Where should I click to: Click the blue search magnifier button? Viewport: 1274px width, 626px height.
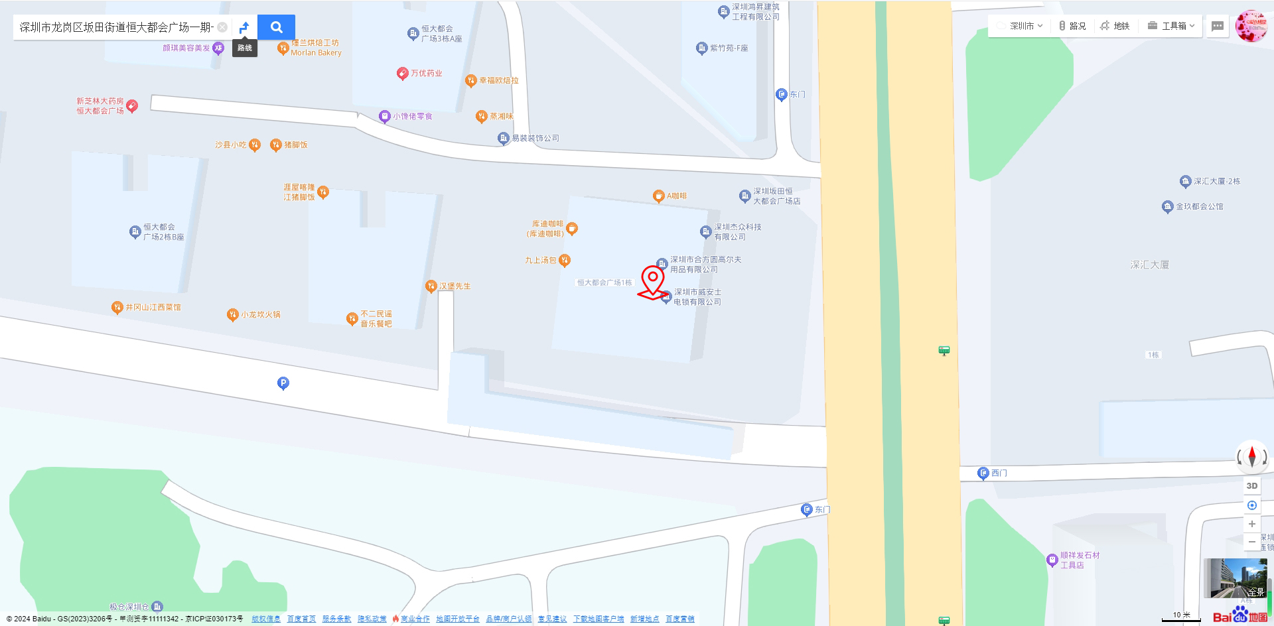click(x=276, y=27)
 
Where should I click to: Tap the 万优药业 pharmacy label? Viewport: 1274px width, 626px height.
click(x=426, y=73)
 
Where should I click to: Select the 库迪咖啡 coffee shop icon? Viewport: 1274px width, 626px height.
click(x=572, y=229)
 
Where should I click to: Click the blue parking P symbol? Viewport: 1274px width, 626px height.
click(x=283, y=383)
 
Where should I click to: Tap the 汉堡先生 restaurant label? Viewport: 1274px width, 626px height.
click(x=455, y=286)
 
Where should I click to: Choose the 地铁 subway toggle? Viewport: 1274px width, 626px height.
click(x=1115, y=26)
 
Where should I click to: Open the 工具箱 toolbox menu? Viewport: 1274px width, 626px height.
click(x=1172, y=26)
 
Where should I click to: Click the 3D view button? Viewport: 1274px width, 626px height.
click(x=1252, y=485)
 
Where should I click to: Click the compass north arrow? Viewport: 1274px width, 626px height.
click(x=1252, y=457)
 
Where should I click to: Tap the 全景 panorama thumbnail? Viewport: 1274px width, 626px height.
click(x=1235, y=578)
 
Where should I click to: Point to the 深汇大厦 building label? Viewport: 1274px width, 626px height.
click(x=1149, y=265)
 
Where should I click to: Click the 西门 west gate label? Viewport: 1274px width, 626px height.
click(x=999, y=473)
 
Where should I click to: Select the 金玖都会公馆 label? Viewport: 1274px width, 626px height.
click(x=1199, y=206)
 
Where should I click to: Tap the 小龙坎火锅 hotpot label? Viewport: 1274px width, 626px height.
click(x=260, y=314)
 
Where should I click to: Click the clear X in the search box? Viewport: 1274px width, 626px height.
click(x=222, y=27)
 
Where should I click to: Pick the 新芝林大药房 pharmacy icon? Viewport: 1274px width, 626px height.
click(x=132, y=105)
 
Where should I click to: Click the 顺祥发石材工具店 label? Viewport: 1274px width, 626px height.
click(x=1079, y=560)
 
